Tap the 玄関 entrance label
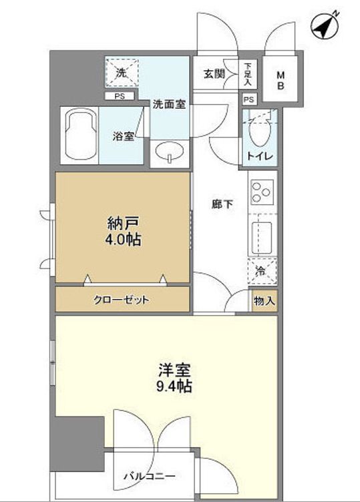214,74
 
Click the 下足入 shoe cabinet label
248,75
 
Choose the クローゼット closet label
121,300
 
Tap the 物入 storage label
264,302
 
